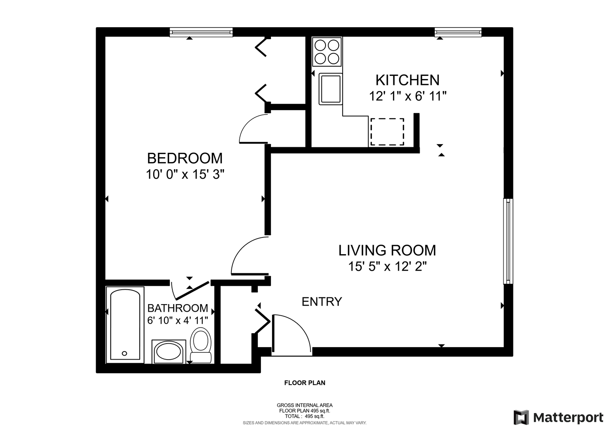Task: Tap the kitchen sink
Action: pyautogui.click(x=331, y=89)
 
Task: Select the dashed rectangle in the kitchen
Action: pyautogui.click(x=387, y=132)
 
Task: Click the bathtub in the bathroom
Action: pyautogui.click(x=125, y=325)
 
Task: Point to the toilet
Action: pyautogui.click(x=201, y=345)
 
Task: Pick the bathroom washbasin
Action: pyautogui.click(x=169, y=352)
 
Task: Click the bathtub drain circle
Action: pyautogui.click(x=124, y=353)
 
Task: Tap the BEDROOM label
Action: pyautogui.click(x=185, y=158)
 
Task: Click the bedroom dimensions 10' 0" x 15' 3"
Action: pyautogui.click(x=185, y=174)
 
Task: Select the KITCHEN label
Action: pyautogui.click(x=407, y=80)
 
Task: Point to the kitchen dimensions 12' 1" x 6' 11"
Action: pyautogui.click(x=408, y=96)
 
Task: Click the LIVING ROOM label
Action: pyautogui.click(x=387, y=250)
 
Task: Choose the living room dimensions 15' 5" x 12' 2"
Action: pyautogui.click(x=387, y=267)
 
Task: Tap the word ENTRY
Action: pyautogui.click(x=322, y=302)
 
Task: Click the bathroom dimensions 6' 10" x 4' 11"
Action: pyautogui.click(x=178, y=320)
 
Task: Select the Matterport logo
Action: pyautogui.click(x=558, y=417)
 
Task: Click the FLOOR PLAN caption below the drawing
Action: pyautogui.click(x=305, y=383)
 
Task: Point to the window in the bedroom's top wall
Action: pyautogui.click(x=201, y=32)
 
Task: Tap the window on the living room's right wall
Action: pyautogui.click(x=508, y=241)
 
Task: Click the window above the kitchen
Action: pyautogui.click(x=458, y=32)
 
